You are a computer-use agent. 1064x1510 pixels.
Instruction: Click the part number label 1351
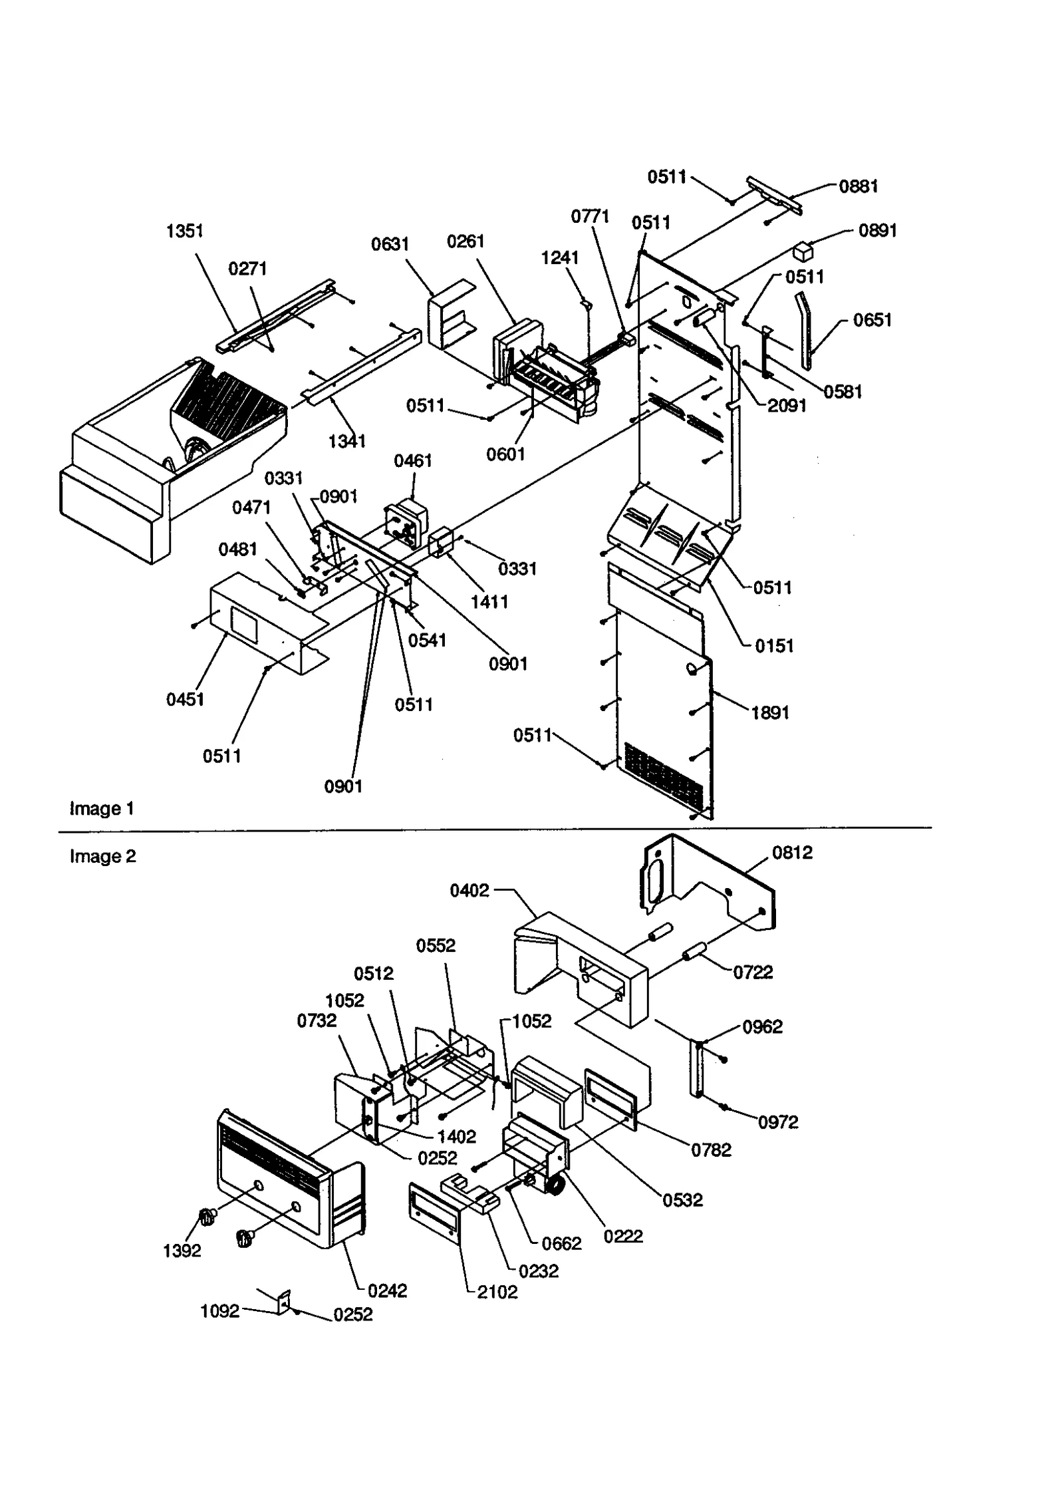click(x=184, y=231)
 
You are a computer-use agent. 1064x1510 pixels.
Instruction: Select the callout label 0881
click(x=858, y=186)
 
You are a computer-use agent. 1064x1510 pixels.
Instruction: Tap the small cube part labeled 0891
click(x=803, y=252)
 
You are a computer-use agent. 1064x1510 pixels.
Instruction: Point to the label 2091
click(x=787, y=405)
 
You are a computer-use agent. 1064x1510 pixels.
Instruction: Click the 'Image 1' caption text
click(x=102, y=808)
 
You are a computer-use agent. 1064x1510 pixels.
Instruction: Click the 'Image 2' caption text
click(x=102, y=856)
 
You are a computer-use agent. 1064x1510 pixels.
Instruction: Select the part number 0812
click(x=792, y=853)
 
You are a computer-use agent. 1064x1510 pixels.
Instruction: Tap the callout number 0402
click(x=469, y=891)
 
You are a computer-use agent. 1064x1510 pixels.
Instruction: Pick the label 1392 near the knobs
click(x=182, y=1251)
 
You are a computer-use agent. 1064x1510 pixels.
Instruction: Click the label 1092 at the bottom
click(x=219, y=1311)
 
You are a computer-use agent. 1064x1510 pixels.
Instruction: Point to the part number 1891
click(x=770, y=712)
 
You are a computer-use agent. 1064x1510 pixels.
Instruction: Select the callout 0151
click(x=774, y=645)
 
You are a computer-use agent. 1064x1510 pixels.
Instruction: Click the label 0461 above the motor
click(x=412, y=460)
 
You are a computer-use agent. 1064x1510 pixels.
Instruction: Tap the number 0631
click(x=390, y=244)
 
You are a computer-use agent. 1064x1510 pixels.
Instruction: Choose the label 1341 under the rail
click(x=346, y=440)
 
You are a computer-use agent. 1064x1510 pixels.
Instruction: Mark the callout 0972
click(x=778, y=1122)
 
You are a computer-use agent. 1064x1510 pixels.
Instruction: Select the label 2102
click(x=497, y=1292)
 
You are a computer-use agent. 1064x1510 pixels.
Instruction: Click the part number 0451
click(x=185, y=699)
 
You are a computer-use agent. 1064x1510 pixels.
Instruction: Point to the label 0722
click(x=753, y=973)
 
